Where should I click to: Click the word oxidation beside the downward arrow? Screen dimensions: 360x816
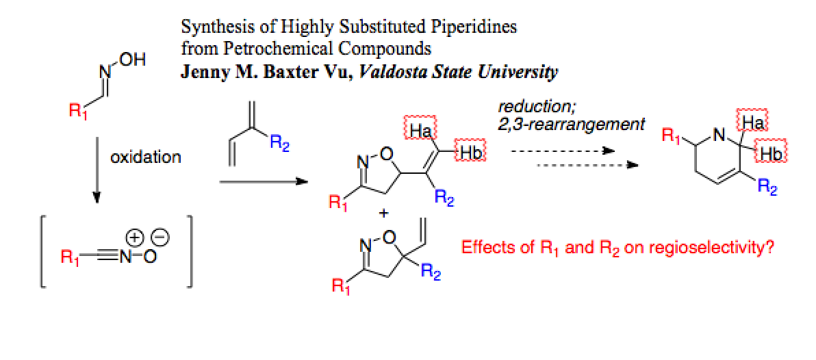(146, 157)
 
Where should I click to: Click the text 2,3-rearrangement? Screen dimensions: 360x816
(572, 125)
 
